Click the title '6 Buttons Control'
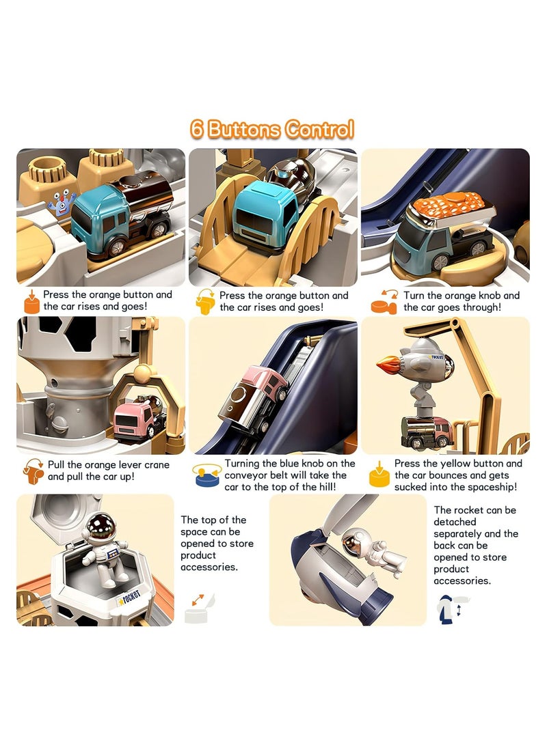(x=273, y=130)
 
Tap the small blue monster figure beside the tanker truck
(x=62, y=203)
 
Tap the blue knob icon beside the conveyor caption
(x=207, y=476)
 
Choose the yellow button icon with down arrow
(x=379, y=475)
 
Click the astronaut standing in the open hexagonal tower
(x=105, y=547)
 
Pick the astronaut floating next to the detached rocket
(x=373, y=549)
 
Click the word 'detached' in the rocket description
(x=455, y=522)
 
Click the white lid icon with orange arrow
(x=200, y=608)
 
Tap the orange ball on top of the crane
(x=142, y=374)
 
